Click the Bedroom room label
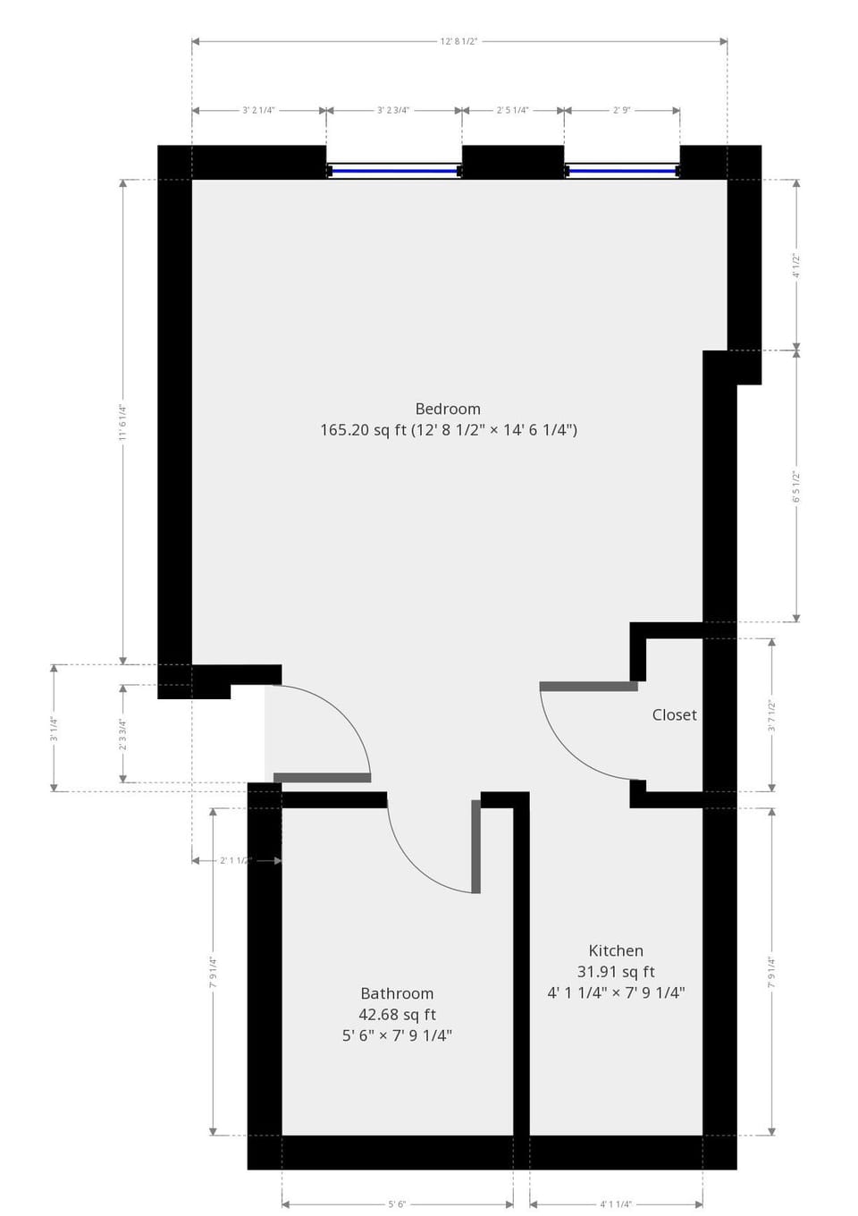448,409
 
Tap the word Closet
674,714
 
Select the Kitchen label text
616,950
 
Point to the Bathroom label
397,993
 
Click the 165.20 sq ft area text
363,430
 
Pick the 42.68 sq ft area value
397,1015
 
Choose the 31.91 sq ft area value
616,972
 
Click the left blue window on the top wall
394,170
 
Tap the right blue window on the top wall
622,170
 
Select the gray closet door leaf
589,687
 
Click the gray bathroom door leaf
476,846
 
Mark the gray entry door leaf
322,778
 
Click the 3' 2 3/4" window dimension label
393,111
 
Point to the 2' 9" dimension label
621,111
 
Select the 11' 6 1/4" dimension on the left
123,422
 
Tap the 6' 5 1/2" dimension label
796,486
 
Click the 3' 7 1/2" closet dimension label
772,715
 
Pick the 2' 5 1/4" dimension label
513,111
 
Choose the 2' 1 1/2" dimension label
236,861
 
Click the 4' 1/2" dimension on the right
796,265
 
